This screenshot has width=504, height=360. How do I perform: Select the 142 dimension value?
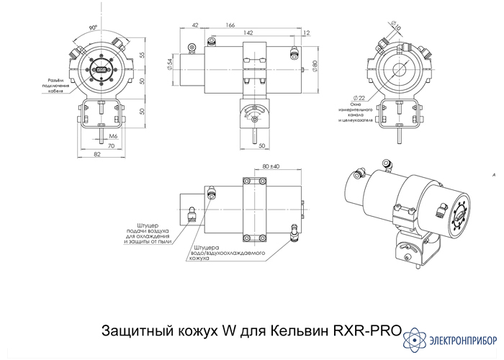[248, 33]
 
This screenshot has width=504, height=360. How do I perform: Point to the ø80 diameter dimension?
[315, 68]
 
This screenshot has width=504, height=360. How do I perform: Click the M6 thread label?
[114, 136]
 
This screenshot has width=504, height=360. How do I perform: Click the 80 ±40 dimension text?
[271, 166]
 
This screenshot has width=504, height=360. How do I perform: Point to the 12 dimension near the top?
[307, 33]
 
